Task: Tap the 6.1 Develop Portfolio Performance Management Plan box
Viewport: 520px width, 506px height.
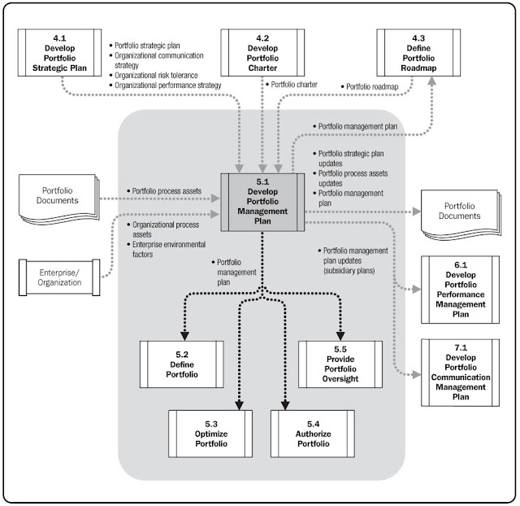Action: tap(461, 289)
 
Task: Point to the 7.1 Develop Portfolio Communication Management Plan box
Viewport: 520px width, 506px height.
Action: tap(461, 373)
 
